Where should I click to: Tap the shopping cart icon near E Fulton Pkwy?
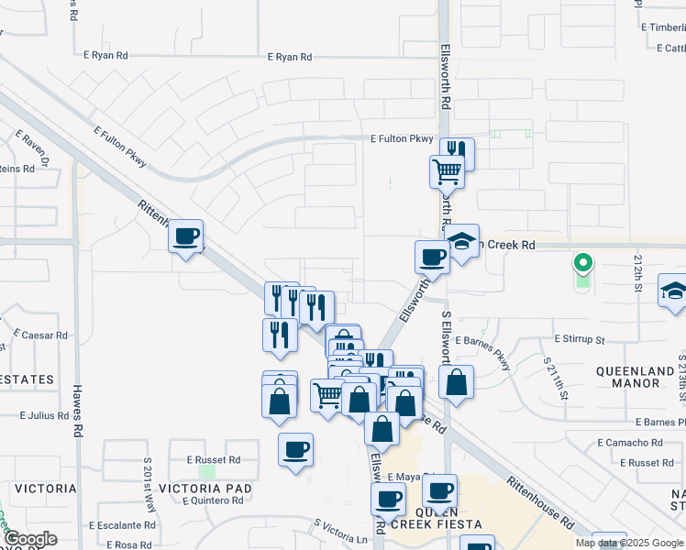point(447,170)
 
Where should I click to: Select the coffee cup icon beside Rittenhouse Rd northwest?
point(186,236)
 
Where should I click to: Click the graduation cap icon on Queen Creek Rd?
point(462,242)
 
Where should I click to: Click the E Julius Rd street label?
point(44,415)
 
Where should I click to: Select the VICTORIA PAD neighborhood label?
point(204,488)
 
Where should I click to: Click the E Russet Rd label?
point(213,459)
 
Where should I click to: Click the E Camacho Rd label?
point(629,442)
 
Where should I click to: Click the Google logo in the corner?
point(29,539)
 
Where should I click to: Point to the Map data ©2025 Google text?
point(630,543)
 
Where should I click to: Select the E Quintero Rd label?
point(212,500)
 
